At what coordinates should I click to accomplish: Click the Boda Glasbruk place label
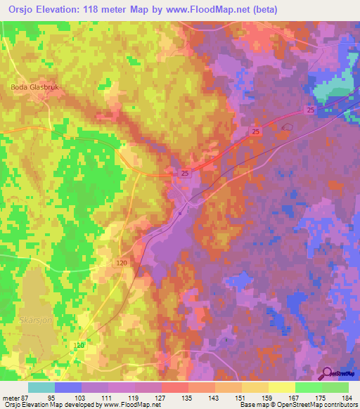(32, 87)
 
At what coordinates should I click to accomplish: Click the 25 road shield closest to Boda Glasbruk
(184, 172)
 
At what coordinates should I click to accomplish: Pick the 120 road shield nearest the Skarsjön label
(79, 345)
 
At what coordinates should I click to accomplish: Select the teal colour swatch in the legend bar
(41, 387)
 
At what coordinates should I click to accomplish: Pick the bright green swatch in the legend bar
(308, 387)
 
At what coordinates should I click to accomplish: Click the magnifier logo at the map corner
(328, 373)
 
